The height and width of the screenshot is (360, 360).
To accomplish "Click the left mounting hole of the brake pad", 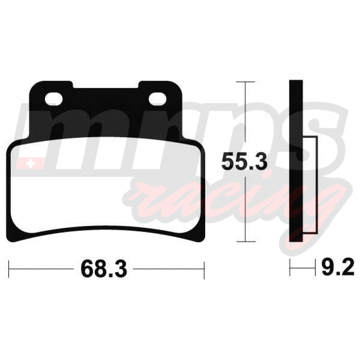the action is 54,99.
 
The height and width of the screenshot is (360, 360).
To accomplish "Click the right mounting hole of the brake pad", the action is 157,99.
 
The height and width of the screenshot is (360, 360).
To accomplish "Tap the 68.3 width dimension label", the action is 104,269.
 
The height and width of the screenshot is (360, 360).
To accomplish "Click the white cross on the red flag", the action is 30,164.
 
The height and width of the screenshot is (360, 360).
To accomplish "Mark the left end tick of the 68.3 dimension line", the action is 9,269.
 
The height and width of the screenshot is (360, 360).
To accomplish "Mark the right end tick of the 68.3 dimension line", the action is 204,270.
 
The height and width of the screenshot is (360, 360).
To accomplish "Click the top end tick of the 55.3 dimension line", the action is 245,82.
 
